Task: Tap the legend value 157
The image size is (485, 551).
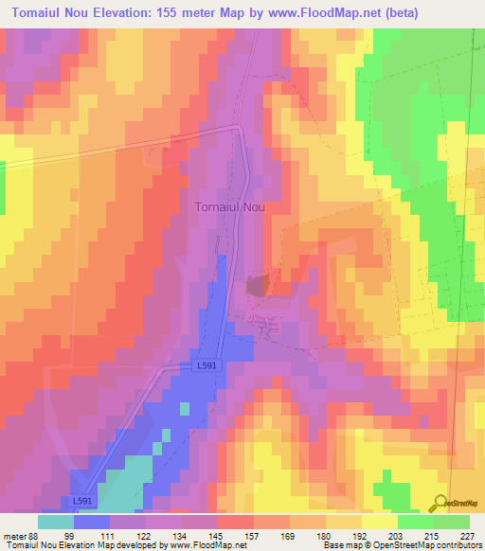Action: (x=254, y=536)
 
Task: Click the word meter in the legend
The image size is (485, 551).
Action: (x=15, y=536)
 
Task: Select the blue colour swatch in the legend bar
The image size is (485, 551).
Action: (x=92, y=522)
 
